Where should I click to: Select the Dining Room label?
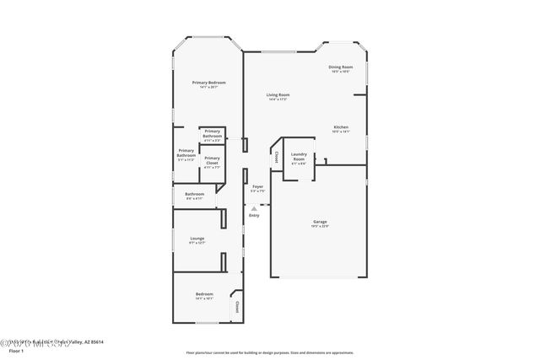pos(340,67)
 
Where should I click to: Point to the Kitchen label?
pos(340,127)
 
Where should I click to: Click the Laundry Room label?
pos(299,156)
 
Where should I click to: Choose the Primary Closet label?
pos(212,160)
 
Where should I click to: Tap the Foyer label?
pos(257,186)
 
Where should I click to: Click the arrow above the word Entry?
pos(253,207)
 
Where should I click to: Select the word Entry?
pos(253,216)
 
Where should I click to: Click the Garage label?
pos(320,222)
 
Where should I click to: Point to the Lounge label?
pos(197,239)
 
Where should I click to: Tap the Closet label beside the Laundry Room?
pos(277,156)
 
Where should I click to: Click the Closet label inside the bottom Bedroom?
pos(237,306)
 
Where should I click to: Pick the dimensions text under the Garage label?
pos(320,226)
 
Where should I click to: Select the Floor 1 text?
pos(17,350)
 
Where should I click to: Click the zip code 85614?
pos(97,341)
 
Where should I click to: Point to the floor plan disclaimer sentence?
pos(269,352)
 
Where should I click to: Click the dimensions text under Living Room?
pos(278,100)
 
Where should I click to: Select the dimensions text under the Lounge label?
pos(197,243)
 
